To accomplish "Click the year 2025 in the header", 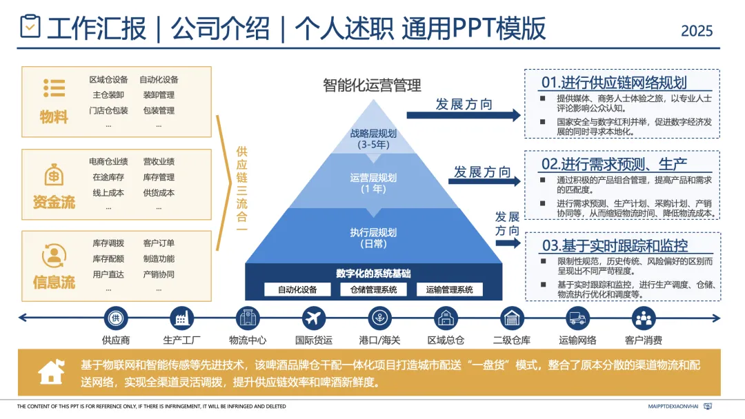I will tap(697, 31).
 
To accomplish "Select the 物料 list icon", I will tap(54, 88).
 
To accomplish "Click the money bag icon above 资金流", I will tap(54, 174).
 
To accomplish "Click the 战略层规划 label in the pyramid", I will tap(373, 139).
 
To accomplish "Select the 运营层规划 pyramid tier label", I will tap(373, 183).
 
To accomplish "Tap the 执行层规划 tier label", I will tap(373, 238).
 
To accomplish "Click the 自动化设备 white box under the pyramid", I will tap(297, 289).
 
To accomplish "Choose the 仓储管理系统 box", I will tap(373, 289).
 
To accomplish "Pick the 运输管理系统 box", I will tap(449, 289).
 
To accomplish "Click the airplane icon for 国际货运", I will tap(314, 318).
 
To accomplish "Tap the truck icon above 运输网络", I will tap(577, 318).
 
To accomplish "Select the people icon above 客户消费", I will tap(643, 318).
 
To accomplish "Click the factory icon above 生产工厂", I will tap(181, 318).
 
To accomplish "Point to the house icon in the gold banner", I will tap(52, 372).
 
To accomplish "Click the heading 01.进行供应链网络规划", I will tap(613, 83).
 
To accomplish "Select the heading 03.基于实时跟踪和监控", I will tap(615, 245).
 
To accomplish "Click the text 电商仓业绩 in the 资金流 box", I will tap(108, 161).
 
